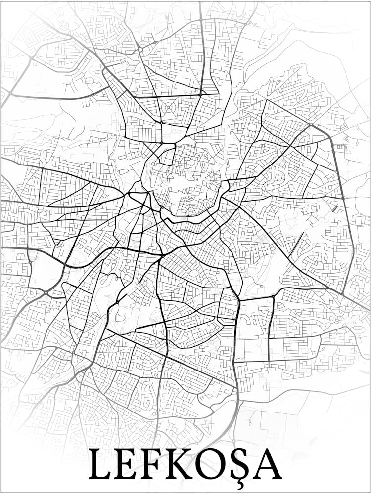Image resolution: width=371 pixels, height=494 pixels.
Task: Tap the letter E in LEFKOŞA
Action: pos(126,464)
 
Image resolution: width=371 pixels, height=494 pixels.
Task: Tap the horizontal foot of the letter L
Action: pos(102,477)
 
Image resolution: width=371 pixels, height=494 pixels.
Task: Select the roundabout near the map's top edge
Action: pos(140,49)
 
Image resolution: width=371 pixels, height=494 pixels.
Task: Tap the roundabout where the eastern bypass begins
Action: pos(311,125)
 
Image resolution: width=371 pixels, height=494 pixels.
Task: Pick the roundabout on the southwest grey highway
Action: pos(46,293)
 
